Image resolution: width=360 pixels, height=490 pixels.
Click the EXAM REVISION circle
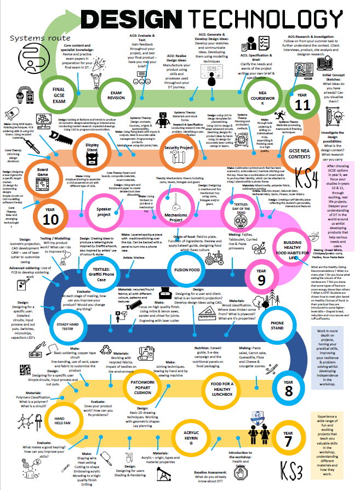116,94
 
